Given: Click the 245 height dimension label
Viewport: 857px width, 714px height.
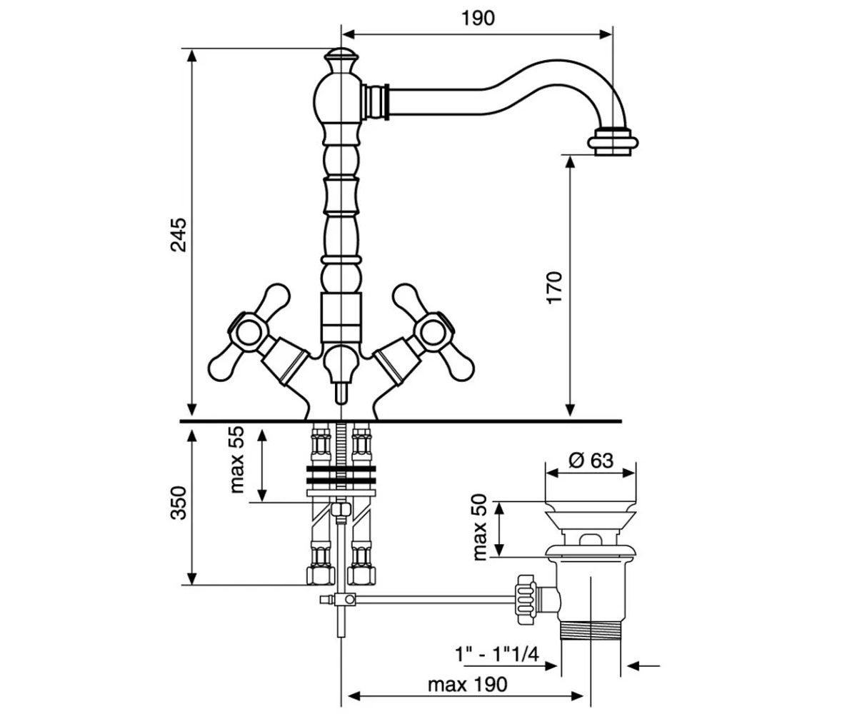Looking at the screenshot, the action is click(179, 235).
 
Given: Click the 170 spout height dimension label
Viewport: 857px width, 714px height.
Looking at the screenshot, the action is click(554, 287).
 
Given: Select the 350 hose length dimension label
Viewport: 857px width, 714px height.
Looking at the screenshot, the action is click(179, 503).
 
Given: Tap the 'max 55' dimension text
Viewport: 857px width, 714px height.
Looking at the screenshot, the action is click(237, 460).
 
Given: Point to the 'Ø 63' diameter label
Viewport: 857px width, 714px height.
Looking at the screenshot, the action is click(591, 461).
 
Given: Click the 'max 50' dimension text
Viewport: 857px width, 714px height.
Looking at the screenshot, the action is click(479, 528).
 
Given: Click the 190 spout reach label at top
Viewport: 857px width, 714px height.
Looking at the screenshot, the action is click(478, 18).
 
